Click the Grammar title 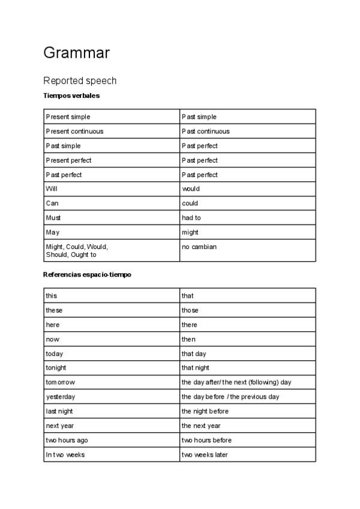[76, 53]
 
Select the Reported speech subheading [80, 80]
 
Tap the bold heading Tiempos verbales [71, 95]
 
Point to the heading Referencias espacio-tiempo [87, 274]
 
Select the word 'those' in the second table [190, 310]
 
